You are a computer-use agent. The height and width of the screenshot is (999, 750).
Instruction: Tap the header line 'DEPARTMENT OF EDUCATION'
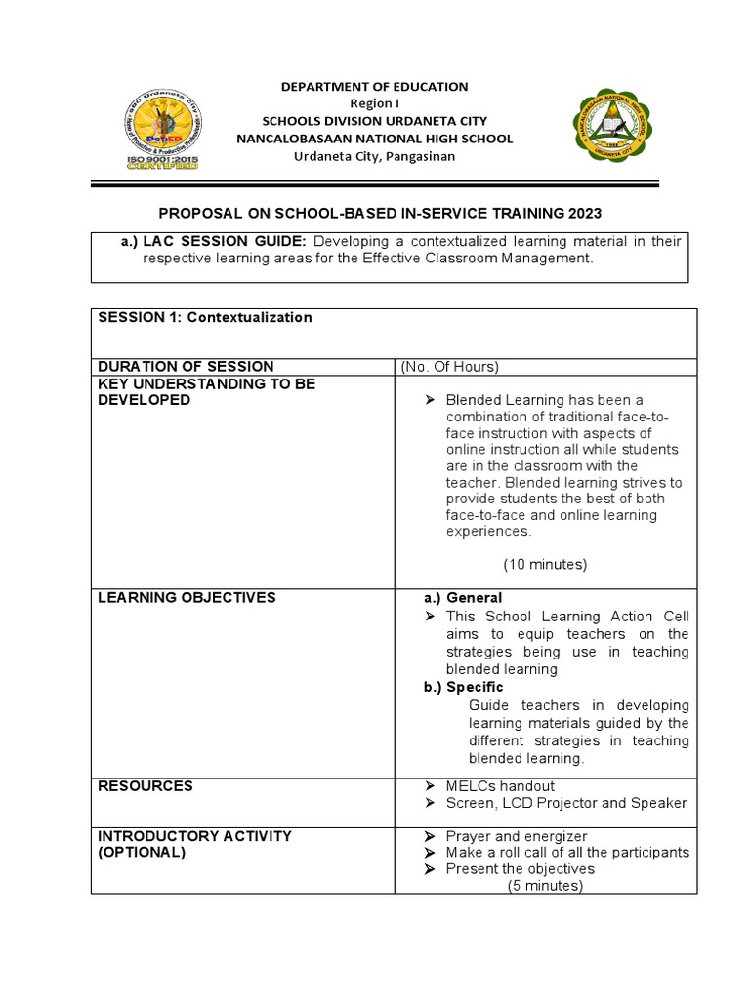point(375,87)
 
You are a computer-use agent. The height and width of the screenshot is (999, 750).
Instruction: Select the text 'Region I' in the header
point(375,104)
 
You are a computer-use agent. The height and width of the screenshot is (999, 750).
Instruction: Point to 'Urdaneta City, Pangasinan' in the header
point(375,157)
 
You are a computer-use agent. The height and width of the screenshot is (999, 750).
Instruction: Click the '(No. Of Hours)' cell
point(449,367)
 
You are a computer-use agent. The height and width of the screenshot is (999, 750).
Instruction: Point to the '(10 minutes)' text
point(545,565)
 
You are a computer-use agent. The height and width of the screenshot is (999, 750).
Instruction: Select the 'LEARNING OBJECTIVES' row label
point(187,597)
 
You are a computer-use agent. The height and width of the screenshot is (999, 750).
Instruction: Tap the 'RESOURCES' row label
point(146,785)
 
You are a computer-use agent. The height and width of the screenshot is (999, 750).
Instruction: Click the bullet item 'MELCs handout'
point(500,786)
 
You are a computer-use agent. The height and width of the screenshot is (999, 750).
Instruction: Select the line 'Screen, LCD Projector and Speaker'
point(566,803)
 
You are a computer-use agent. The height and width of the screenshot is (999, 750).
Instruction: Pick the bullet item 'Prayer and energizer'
point(517,836)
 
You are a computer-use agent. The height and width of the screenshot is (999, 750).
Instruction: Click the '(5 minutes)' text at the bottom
point(545,886)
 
